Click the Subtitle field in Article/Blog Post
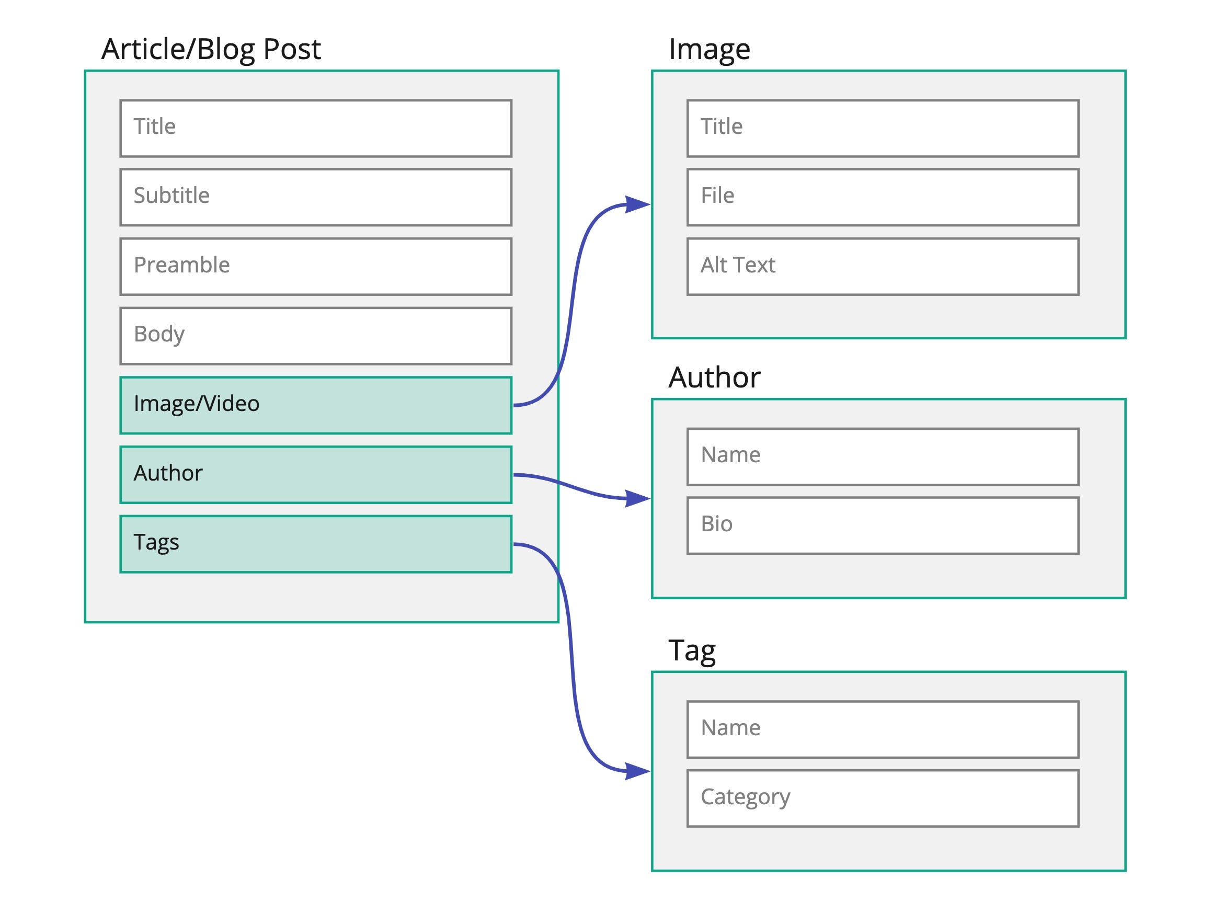(316, 197)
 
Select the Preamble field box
(316, 267)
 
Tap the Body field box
(316, 336)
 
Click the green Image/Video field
(316, 405)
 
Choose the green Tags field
(316, 544)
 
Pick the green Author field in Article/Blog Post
(316, 474)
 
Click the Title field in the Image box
(882, 128)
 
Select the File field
(882, 197)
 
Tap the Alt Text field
(882, 267)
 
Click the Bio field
(882, 526)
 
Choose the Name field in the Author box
(882, 456)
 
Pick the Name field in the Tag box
(882, 729)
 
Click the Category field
(882, 798)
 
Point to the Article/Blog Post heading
(211, 49)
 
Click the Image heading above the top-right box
(709, 49)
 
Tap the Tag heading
(692, 650)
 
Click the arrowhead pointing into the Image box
(637, 205)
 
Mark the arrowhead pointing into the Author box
(637, 498)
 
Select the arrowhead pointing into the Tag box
(637, 771)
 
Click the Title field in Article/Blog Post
(316, 128)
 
